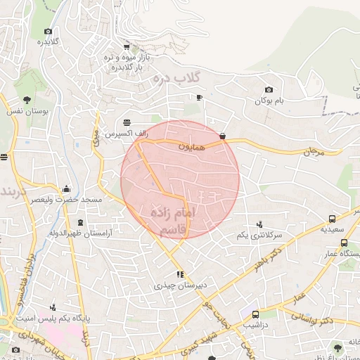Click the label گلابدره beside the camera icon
47,41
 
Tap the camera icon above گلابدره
48,31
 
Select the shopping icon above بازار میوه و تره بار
127,46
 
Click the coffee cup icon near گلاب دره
199,97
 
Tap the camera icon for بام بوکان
269,89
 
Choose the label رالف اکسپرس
120,133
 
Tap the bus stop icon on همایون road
223,136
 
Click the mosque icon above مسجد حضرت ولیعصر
67,188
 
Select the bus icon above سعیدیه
332,219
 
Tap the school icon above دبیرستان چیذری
180,275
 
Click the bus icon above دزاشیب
255,314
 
